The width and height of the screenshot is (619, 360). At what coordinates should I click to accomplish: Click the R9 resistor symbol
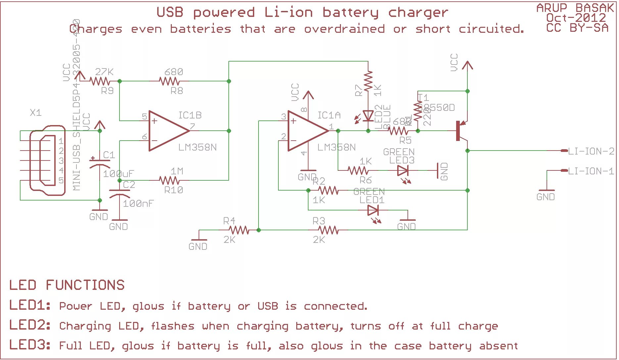point(100,81)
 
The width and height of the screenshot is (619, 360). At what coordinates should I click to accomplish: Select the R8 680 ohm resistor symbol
point(169,81)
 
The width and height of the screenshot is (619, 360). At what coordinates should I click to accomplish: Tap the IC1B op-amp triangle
point(167,131)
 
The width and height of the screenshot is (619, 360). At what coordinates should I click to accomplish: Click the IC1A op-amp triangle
point(306,131)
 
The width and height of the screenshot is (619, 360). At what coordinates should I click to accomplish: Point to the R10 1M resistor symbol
point(169,180)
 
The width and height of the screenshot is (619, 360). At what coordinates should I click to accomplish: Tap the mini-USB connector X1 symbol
point(46,160)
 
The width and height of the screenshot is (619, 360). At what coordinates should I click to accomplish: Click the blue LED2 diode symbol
point(368,116)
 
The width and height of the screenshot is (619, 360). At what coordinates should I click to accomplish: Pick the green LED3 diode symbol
point(403,171)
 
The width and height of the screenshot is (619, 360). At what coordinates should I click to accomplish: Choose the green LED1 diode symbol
point(373,210)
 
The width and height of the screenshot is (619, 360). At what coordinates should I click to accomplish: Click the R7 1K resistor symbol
point(368,81)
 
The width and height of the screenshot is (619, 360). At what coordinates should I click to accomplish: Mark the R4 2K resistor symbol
point(239,230)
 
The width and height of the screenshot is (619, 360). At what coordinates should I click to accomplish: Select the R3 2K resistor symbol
point(328,230)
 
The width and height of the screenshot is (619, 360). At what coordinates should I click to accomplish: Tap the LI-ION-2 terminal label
point(591,151)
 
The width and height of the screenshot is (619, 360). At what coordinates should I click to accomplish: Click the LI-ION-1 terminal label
point(591,171)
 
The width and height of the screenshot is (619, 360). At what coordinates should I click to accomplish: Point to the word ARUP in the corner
point(552,8)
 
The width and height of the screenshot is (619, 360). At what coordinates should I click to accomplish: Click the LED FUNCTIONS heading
point(67,285)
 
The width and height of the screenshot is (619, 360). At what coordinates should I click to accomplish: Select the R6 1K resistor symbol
point(358,171)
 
